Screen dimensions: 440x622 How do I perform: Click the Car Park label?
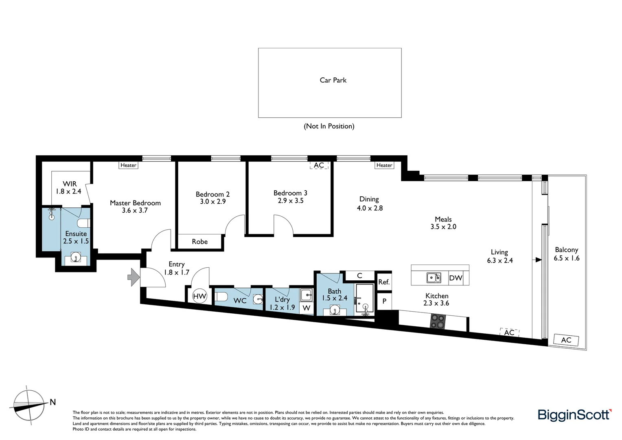[x=333, y=80]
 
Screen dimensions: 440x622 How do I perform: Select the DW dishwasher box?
[x=456, y=278]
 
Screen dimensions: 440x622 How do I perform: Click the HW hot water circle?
[x=199, y=296]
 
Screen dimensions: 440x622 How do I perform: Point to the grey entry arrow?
[x=133, y=277]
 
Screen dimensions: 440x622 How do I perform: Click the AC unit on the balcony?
[x=566, y=340]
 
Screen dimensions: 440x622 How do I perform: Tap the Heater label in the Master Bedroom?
[x=128, y=165]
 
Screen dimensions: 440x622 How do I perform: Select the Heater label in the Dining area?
[x=384, y=165]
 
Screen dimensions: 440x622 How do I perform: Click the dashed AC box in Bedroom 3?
[x=319, y=165]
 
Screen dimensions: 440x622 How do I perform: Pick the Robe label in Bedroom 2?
[x=200, y=242]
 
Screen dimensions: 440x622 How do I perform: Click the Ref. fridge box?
[x=384, y=282]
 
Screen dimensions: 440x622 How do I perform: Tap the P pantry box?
[x=384, y=302]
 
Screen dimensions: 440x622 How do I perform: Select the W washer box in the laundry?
[x=306, y=308]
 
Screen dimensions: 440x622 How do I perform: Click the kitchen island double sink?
[x=434, y=277]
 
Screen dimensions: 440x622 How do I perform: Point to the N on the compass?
[x=53, y=403]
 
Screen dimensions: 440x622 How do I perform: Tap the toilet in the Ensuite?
[x=84, y=223]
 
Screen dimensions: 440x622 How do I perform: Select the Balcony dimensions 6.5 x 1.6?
[x=566, y=258]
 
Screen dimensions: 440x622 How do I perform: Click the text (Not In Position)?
[x=329, y=126]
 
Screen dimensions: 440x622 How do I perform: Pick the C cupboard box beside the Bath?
[x=359, y=276]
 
